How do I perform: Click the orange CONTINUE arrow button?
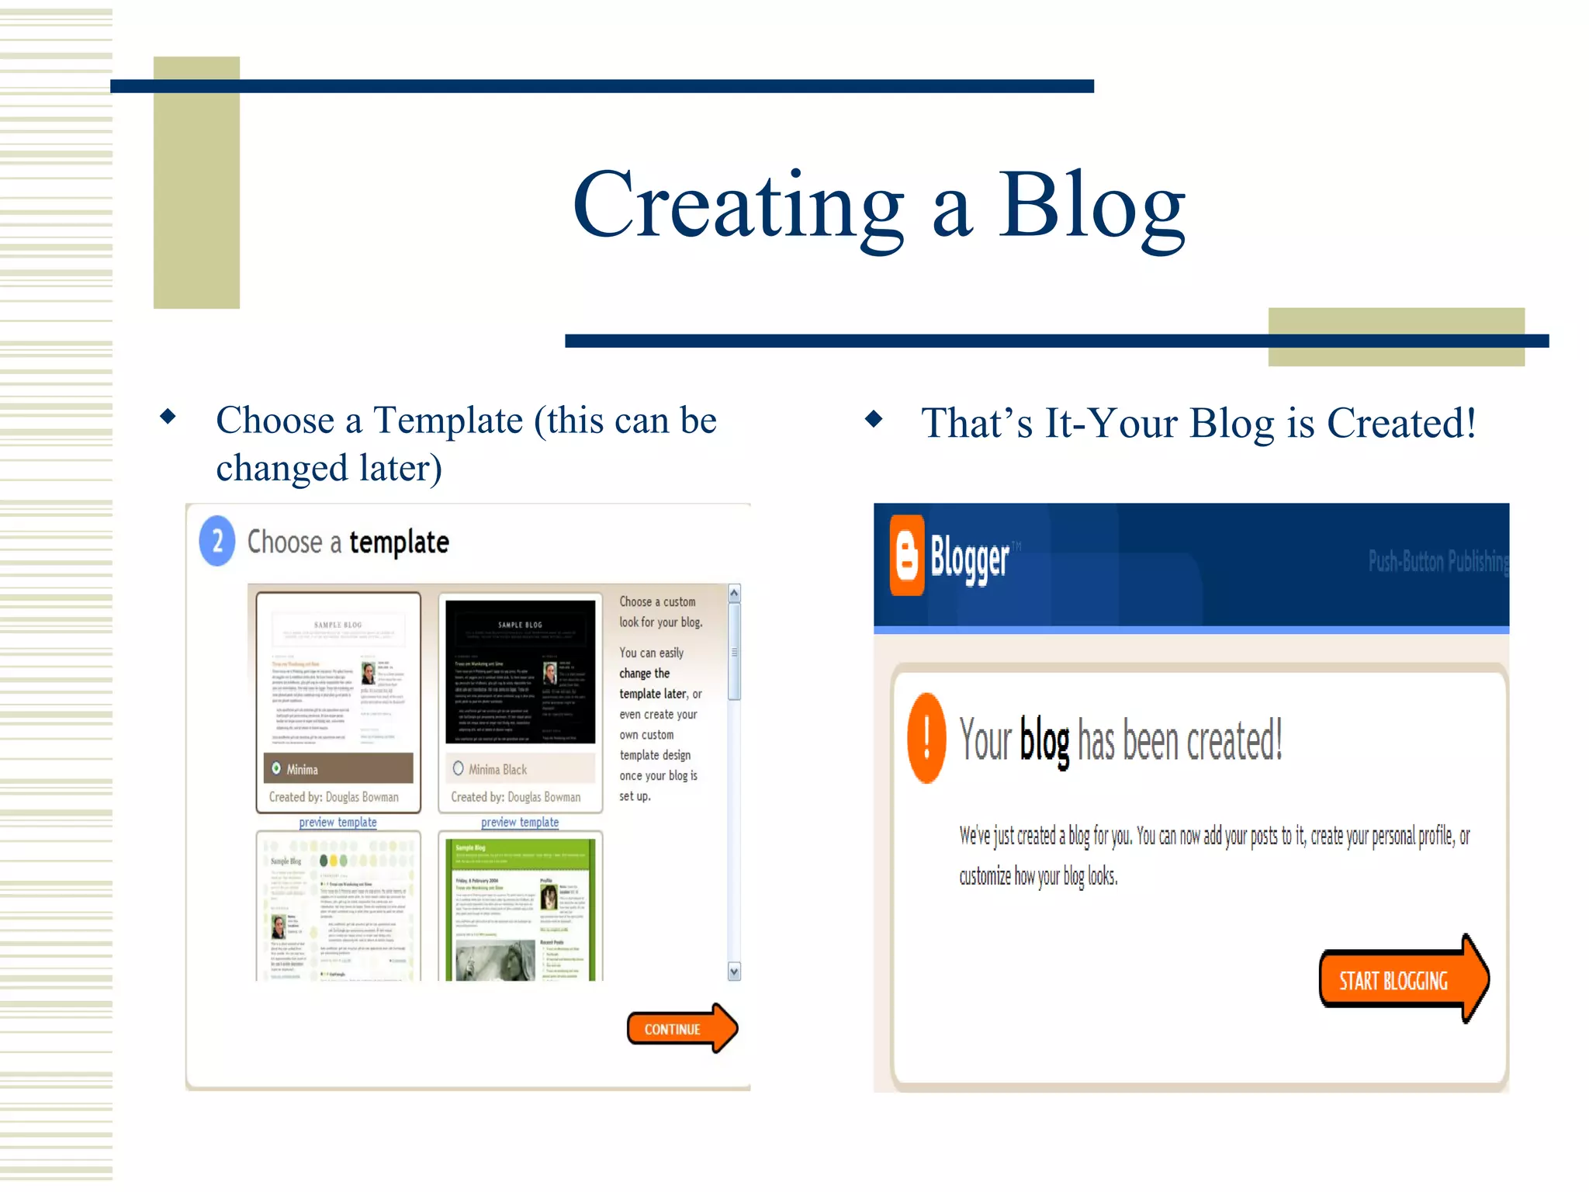[680, 1029]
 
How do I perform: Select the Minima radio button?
[276, 768]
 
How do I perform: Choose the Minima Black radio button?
[459, 768]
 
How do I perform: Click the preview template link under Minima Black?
[520, 822]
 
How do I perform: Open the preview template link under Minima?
[338, 822]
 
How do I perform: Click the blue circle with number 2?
[217, 541]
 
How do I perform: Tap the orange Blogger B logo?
[906, 556]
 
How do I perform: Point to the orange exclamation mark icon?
[926, 738]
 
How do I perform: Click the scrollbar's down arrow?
[734, 971]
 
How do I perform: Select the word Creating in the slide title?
[738, 206]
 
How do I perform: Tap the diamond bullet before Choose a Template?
[168, 417]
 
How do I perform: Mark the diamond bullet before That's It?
[874, 419]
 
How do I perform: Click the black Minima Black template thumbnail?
[520, 672]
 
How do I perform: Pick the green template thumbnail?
[520, 908]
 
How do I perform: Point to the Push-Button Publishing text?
[1438, 560]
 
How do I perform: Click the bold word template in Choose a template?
[399, 542]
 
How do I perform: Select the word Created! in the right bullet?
[1400, 423]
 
